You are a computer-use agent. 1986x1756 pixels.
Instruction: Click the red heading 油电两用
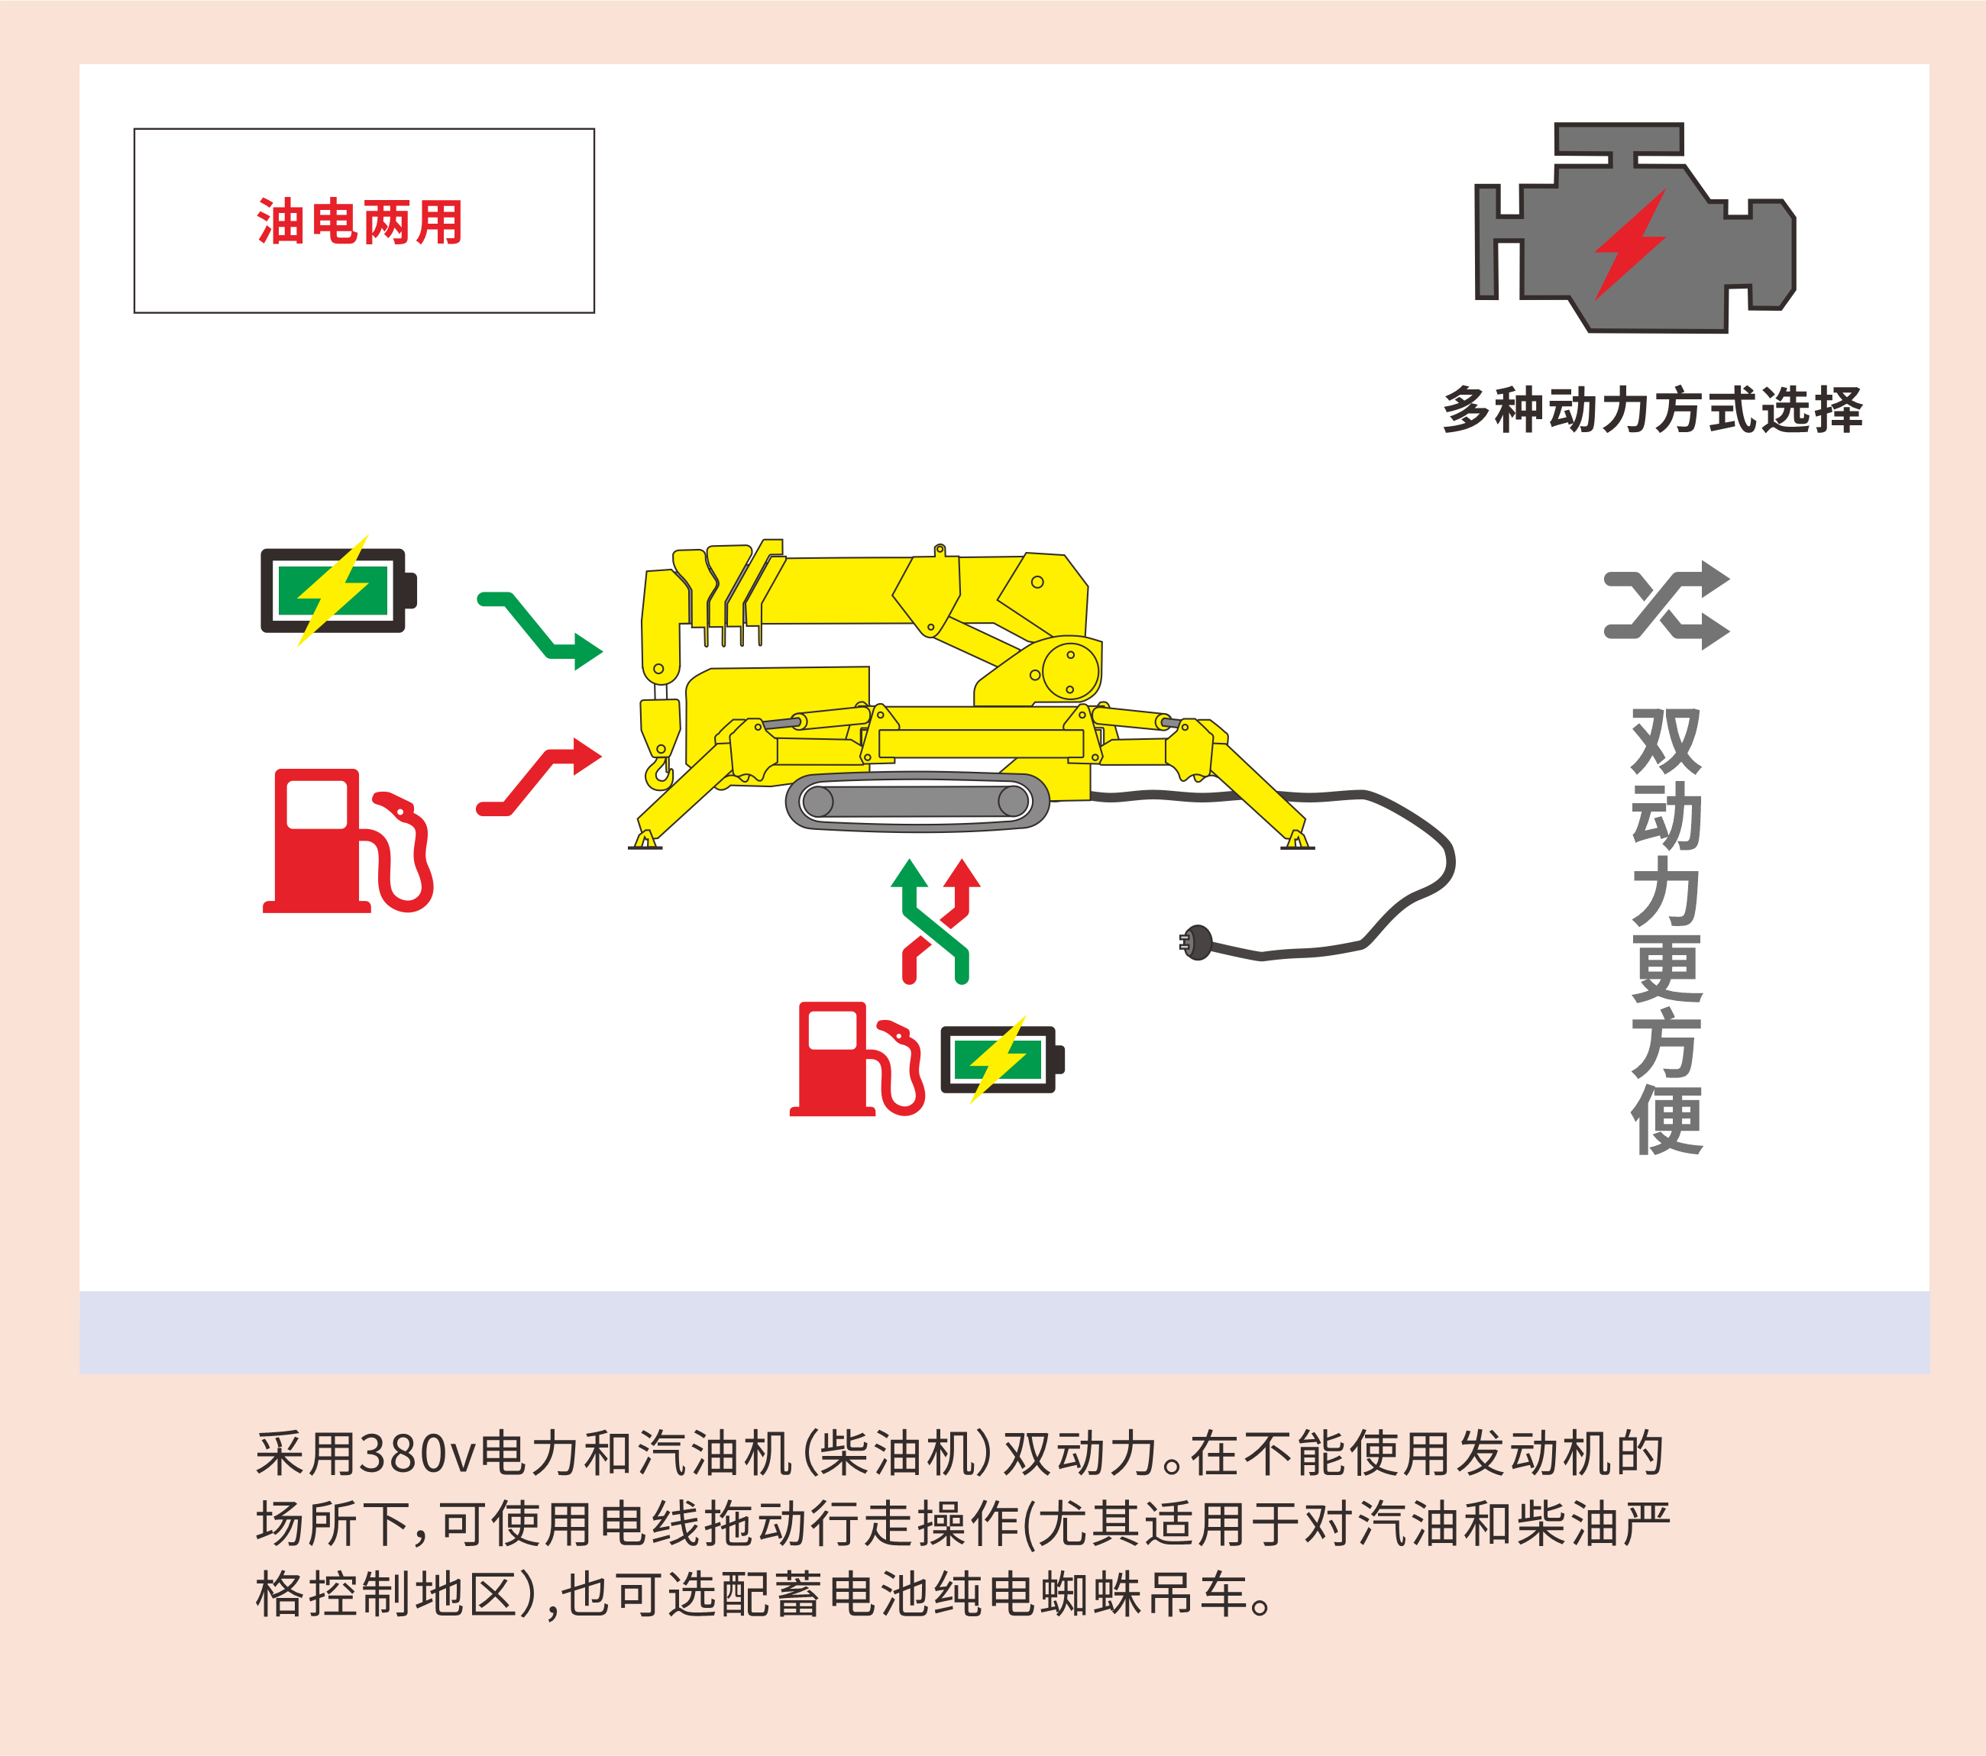[360, 221]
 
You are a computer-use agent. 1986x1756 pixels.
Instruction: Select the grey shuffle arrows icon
[1667, 605]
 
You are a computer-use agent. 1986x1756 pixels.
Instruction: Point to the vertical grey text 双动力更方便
[1667, 931]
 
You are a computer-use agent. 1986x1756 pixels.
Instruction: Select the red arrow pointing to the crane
[539, 777]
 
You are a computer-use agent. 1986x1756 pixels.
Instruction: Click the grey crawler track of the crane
[917, 802]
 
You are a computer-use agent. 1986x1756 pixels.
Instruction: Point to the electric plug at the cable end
[1196, 942]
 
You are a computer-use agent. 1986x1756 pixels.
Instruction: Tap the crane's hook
[660, 771]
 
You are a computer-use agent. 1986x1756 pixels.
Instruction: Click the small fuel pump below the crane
[856, 1059]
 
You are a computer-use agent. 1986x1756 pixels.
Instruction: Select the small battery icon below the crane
[1001, 1059]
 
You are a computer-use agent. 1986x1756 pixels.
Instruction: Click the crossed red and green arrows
[935, 921]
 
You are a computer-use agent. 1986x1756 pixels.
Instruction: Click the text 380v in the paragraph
[419, 1454]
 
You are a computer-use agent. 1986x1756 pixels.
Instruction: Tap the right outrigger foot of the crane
[1297, 840]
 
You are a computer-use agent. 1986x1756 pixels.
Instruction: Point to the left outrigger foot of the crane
[645, 840]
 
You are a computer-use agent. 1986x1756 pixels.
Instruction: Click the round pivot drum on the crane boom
[1069, 670]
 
